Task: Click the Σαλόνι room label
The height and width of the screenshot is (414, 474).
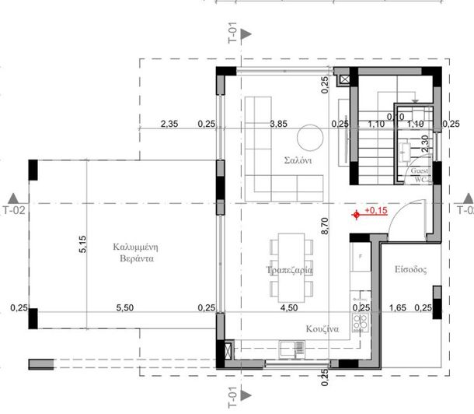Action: click(298, 163)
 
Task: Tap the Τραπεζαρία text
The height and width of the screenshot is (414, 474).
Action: click(288, 269)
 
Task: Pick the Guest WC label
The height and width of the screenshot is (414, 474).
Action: click(420, 174)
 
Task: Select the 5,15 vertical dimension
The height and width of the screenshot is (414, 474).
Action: click(82, 245)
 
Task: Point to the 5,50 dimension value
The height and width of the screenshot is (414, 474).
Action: click(125, 308)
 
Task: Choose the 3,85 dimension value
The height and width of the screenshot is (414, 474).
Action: click(278, 123)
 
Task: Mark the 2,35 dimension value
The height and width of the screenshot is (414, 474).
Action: click(169, 123)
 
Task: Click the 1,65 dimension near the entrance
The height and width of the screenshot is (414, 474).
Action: click(398, 308)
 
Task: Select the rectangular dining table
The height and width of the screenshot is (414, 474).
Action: click(288, 268)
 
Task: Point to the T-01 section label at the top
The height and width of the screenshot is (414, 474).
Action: click(232, 33)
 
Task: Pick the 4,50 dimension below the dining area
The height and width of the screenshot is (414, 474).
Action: click(288, 308)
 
